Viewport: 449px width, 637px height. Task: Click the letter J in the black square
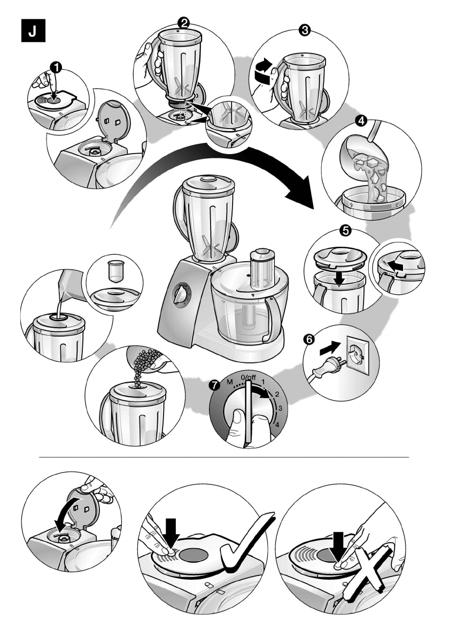click(x=33, y=31)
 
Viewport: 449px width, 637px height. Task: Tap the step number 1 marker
click(x=56, y=66)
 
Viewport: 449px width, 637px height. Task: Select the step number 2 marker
click(x=184, y=22)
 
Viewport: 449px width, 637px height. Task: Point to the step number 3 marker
click(x=304, y=30)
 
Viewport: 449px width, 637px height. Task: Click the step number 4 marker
click(x=361, y=120)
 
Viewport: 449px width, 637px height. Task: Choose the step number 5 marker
click(x=345, y=231)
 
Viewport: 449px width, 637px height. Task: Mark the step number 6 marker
click(x=309, y=339)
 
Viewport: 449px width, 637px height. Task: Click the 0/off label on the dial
click(x=248, y=377)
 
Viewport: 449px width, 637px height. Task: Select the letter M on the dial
click(x=230, y=382)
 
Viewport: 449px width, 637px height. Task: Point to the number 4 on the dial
click(x=277, y=425)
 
